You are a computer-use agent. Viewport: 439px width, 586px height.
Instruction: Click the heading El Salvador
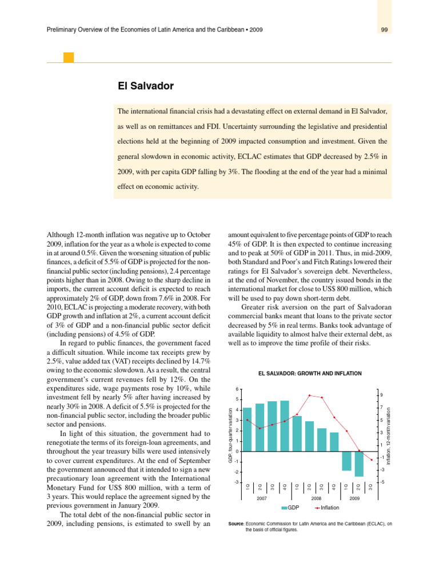(x=145, y=86)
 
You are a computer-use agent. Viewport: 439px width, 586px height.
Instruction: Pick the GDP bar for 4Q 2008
(x=334, y=442)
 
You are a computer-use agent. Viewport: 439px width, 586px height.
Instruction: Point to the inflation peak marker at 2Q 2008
(x=309, y=395)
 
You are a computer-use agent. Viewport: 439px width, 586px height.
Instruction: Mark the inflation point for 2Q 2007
(x=260, y=428)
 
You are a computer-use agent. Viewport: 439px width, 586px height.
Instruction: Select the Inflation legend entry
(x=327, y=508)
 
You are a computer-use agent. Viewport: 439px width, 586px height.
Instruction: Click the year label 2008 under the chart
(x=316, y=499)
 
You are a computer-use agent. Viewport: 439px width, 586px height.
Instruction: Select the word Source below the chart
(x=236, y=523)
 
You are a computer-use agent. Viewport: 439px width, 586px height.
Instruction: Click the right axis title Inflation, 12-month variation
(x=389, y=436)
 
